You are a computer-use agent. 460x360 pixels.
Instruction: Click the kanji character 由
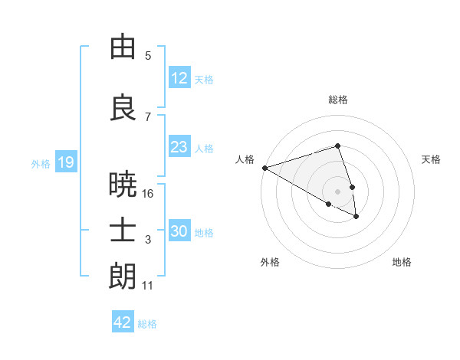click(123, 47)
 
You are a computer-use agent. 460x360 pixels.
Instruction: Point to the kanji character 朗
click(123, 277)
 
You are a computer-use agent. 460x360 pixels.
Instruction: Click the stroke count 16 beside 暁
click(148, 194)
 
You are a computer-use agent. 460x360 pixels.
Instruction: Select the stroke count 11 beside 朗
click(148, 286)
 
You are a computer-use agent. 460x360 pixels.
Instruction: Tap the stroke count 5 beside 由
click(148, 55)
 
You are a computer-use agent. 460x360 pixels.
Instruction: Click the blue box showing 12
click(179, 77)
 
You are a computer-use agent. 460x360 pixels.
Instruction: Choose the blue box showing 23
click(179, 147)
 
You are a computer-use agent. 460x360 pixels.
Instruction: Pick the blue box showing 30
click(179, 231)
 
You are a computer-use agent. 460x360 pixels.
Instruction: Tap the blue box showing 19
click(65, 162)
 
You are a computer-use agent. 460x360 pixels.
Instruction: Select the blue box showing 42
click(123, 322)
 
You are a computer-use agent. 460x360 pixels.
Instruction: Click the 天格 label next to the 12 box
click(204, 79)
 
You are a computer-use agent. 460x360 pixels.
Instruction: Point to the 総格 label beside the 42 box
click(147, 324)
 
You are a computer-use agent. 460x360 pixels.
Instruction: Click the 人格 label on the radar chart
click(245, 159)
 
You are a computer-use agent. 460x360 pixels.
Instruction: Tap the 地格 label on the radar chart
click(402, 262)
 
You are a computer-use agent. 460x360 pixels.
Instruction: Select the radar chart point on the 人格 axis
click(264, 168)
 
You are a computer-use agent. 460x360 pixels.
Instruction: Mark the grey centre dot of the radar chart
click(337, 191)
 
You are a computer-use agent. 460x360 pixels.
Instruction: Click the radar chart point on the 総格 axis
click(337, 146)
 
